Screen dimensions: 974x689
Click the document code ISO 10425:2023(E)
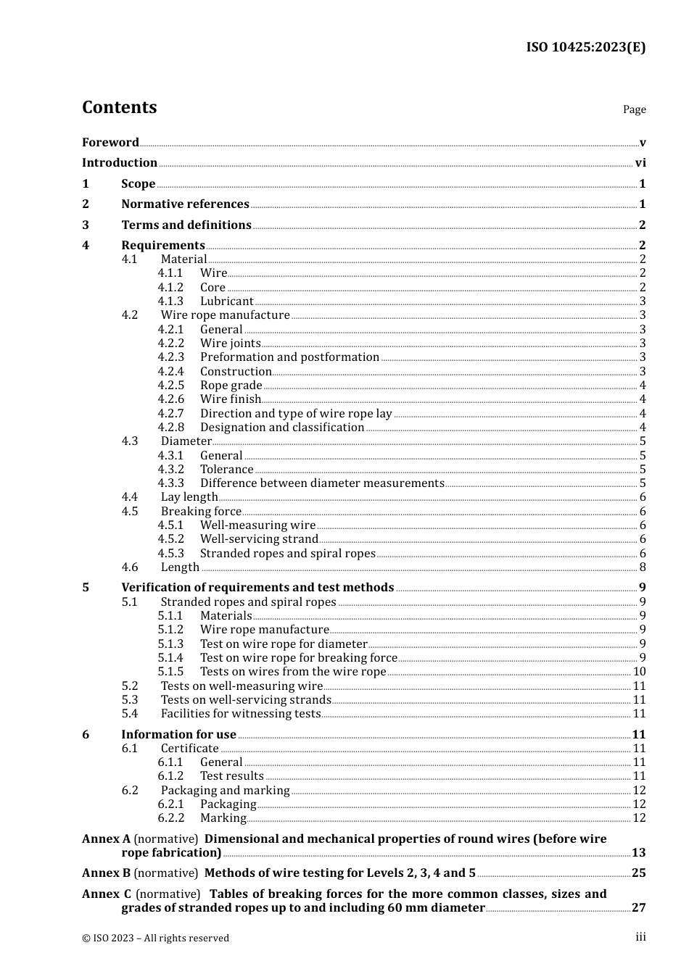[585, 48]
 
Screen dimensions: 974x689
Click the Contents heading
[120, 107]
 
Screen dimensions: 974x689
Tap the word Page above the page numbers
[634, 109]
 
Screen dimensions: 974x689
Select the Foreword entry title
[110, 142]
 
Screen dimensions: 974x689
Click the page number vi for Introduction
[640, 163]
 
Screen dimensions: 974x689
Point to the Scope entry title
[138, 184]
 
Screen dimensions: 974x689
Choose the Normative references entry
[185, 204]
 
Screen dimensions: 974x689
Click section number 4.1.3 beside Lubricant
[170, 301]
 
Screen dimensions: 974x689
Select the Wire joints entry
[230, 344]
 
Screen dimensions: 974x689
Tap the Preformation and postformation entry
[289, 357]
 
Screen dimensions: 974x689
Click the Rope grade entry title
[231, 386]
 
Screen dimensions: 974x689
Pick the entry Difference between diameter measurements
[322, 483]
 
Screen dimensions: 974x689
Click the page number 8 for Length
[642, 567]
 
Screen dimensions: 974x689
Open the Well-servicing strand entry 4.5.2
[259, 539]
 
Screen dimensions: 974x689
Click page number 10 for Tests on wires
[639, 672]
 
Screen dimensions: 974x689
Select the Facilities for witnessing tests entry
[240, 714]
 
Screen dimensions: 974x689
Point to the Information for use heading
[178, 735]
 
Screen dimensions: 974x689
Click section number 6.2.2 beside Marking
[170, 818]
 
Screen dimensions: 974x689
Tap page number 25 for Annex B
[638, 873]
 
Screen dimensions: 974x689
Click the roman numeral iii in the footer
[640, 937]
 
